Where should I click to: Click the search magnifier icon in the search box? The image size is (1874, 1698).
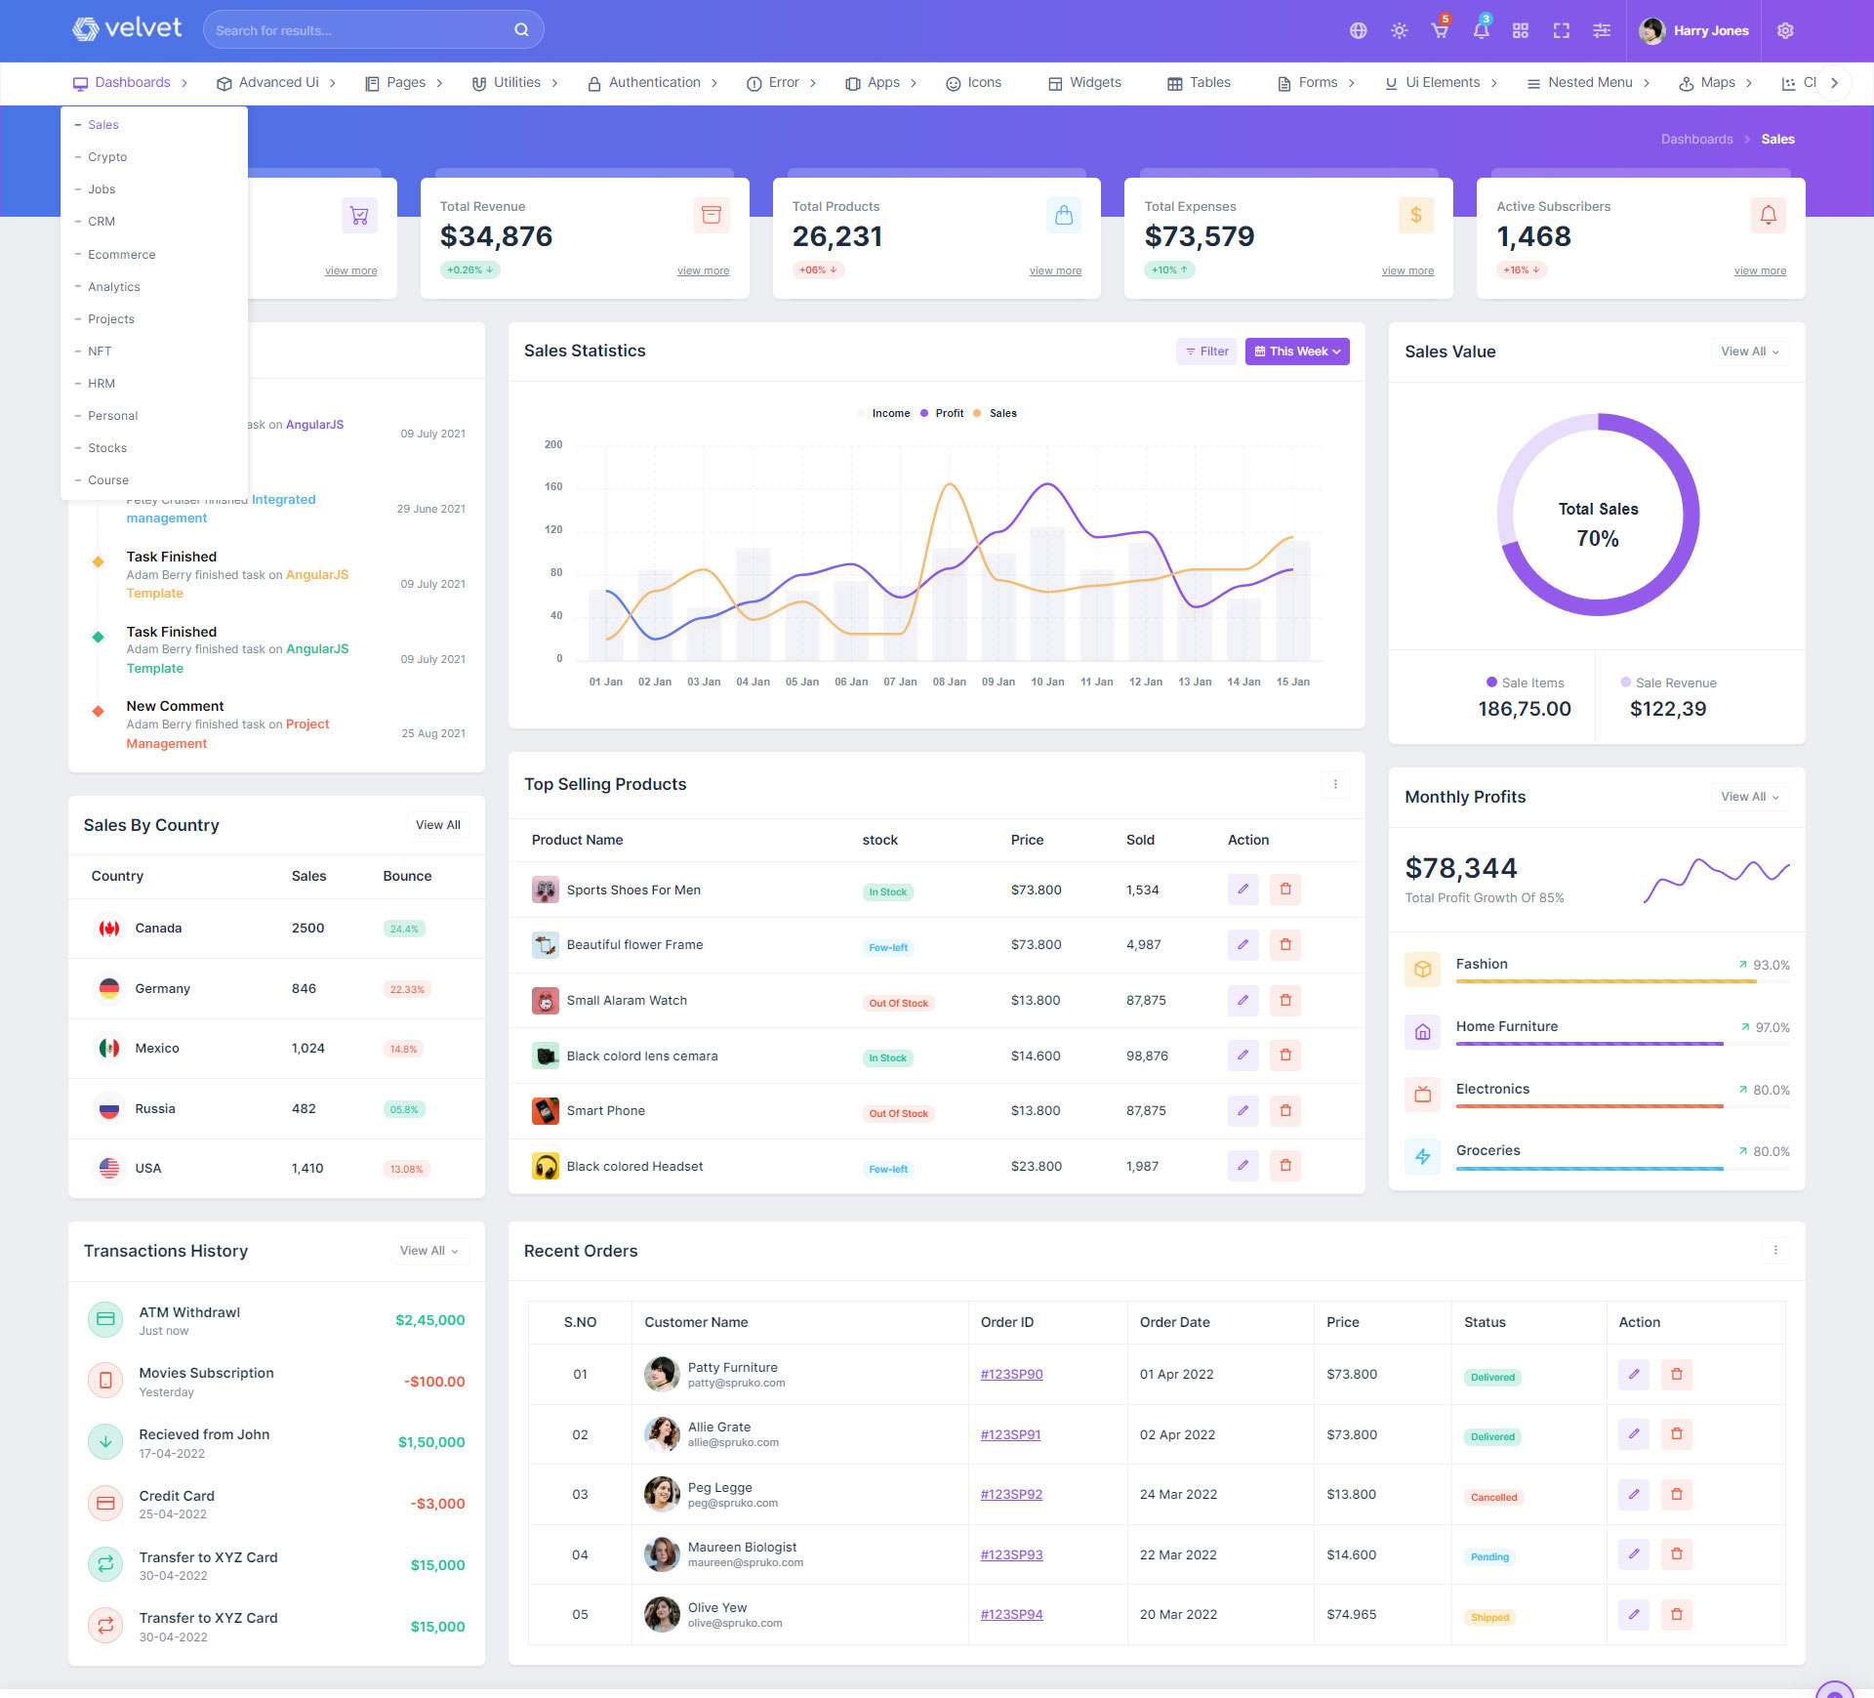click(x=521, y=30)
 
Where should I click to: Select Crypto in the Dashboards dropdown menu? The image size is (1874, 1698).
click(x=107, y=157)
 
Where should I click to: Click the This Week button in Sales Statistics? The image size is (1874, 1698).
click(x=1297, y=352)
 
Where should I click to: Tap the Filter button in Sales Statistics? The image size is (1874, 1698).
click(x=1206, y=352)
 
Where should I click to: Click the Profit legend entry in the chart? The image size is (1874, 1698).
click(x=942, y=414)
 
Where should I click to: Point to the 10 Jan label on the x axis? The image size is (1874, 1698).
click(x=1047, y=683)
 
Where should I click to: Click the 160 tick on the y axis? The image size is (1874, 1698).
click(x=553, y=487)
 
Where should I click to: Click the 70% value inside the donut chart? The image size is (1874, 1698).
click(x=1598, y=539)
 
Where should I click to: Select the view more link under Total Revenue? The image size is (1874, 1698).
click(x=703, y=271)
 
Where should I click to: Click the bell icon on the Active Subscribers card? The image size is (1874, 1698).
click(x=1768, y=216)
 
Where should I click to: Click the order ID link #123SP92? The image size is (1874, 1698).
click(x=1011, y=1495)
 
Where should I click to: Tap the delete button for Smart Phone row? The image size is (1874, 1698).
click(x=1285, y=1111)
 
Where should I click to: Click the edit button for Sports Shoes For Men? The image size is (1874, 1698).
click(x=1243, y=890)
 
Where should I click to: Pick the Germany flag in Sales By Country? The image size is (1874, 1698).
click(x=109, y=989)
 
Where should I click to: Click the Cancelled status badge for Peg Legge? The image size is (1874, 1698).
click(x=1493, y=1498)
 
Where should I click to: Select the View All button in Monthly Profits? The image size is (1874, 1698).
click(x=1749, y=798)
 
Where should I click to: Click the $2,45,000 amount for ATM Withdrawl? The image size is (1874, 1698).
click(x=429, y=1321)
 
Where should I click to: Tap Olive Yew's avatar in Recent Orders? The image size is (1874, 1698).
click(x=662, y=1615)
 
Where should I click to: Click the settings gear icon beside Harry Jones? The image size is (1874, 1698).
click(x=1785, y=31)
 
